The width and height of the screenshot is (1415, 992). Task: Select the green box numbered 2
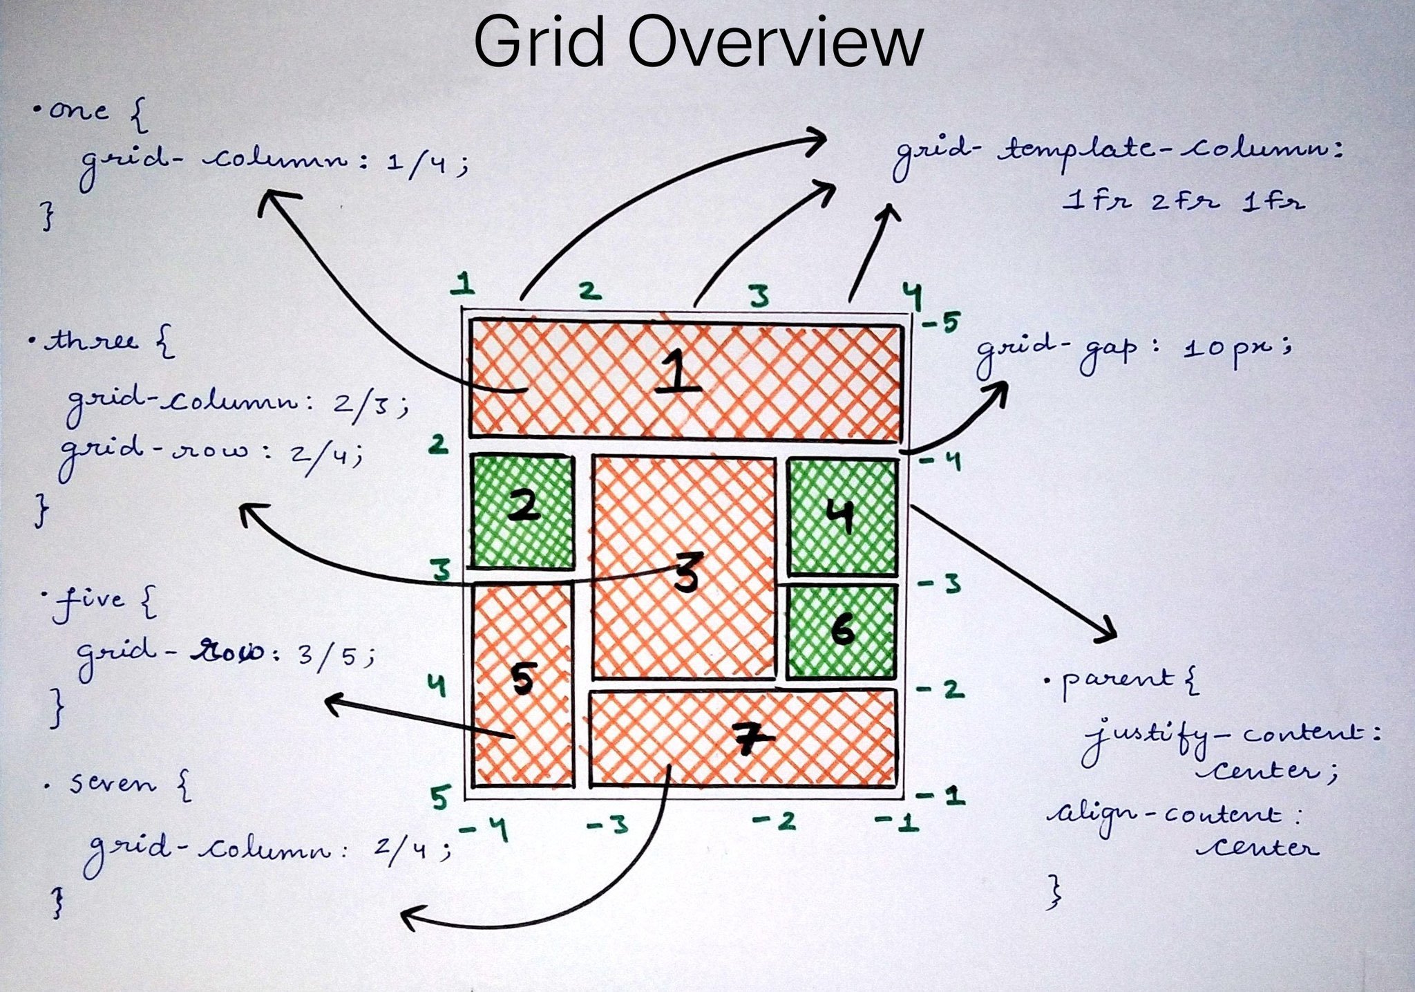[523, 512]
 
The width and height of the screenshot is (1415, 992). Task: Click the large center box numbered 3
[684, 567]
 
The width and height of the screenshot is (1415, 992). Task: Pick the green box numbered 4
[842, 516]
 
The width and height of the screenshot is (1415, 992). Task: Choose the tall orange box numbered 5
[523, 684]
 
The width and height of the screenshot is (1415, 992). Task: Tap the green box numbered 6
[842, 630]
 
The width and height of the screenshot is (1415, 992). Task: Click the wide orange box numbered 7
[743, 739]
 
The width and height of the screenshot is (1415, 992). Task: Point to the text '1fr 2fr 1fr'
[1183, 202]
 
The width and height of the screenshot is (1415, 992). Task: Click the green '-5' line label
[941, 321]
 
